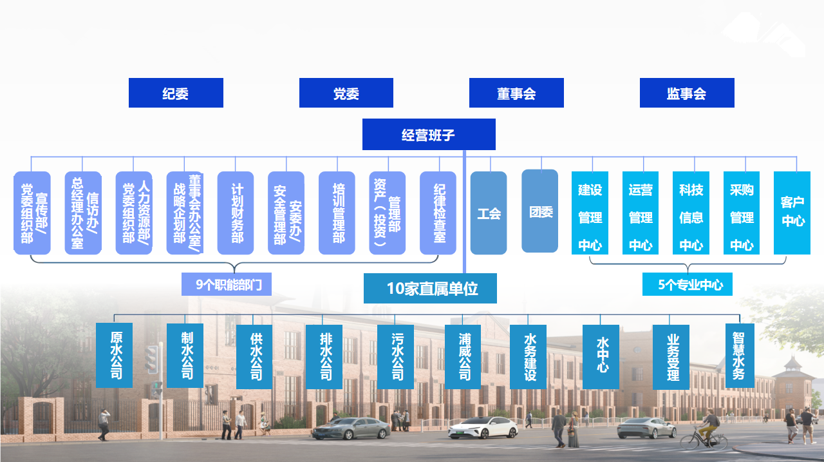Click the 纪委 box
click(x=176, y=93)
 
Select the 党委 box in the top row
click(x=346, y=93)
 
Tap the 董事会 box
click(x=516, y=93)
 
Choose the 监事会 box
click(x=687, y=93)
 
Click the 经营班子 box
click(x=429, y=135)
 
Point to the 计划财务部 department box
click(x=236, y=213)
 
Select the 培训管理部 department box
click(x=337, y=213)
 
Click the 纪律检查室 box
click(x=438, y=213)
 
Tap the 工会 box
click(x=489, y=213)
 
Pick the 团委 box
click(x=539, y=211)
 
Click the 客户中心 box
click(x=792, y=213)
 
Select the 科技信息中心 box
click(x=691, y=213)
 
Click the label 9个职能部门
click(x=226, y=284)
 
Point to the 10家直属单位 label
click(x=430, y=289)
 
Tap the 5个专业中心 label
click(x=687, y=284)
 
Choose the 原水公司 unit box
click(x=115, y=355)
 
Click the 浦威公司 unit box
click(x=463, y=356)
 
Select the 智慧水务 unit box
click(x=740, y=356)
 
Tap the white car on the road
click(x=483, y=427)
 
